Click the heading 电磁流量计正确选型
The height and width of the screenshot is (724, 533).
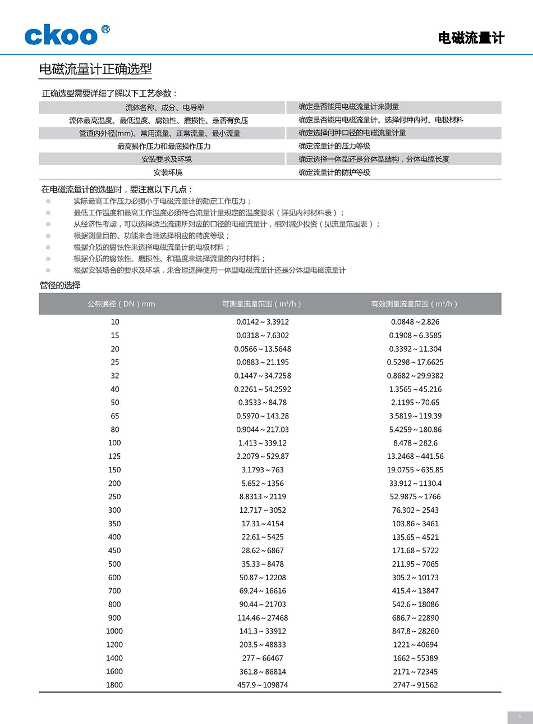pyautogui.click(x=95, y=69)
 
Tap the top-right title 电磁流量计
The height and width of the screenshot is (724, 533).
pyautogui.click(x=471, y=38)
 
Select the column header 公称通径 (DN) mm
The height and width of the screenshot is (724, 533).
pyautogui.click(x=121, y=304)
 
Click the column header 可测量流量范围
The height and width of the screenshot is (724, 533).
pyautogui.click(x=261, y=304)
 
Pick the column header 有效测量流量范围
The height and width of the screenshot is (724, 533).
pyautogui.click(x=414, y=304)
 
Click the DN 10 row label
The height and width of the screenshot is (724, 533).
pyautogui.click(x=114, y=322)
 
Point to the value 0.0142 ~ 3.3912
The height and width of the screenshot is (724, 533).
pyautogui.click(x=263, y=322)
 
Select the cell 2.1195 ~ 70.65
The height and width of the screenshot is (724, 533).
pyautogui.click(x=415, y=403)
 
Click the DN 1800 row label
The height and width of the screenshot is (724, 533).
pyautogui.click(x=114, y=685)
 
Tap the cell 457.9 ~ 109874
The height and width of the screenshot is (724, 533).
pyautogui.click(x=263, y=685)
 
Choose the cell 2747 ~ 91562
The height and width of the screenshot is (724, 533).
pyautogui.click(x=415, y=685)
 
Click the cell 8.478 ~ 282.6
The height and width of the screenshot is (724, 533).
pyautogui.click(x=415, y=443)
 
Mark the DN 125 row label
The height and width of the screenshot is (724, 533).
pyautogui.click(x=114, y=457)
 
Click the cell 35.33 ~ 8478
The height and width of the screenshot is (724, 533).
pyautogui.click(x=263, y=564)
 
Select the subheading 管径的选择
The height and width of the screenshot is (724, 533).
pyautogui.click(x=60, y=285)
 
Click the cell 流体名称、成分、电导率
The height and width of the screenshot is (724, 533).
pyautogui.click(x=164, y=107)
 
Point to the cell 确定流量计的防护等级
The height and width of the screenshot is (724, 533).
pyautogui.click(x=334, y=172)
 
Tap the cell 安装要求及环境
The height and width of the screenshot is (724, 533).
pyautogui.click(x=166, y=160)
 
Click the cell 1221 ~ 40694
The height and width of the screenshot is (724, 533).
pyautogui.click(x=415, y=645)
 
